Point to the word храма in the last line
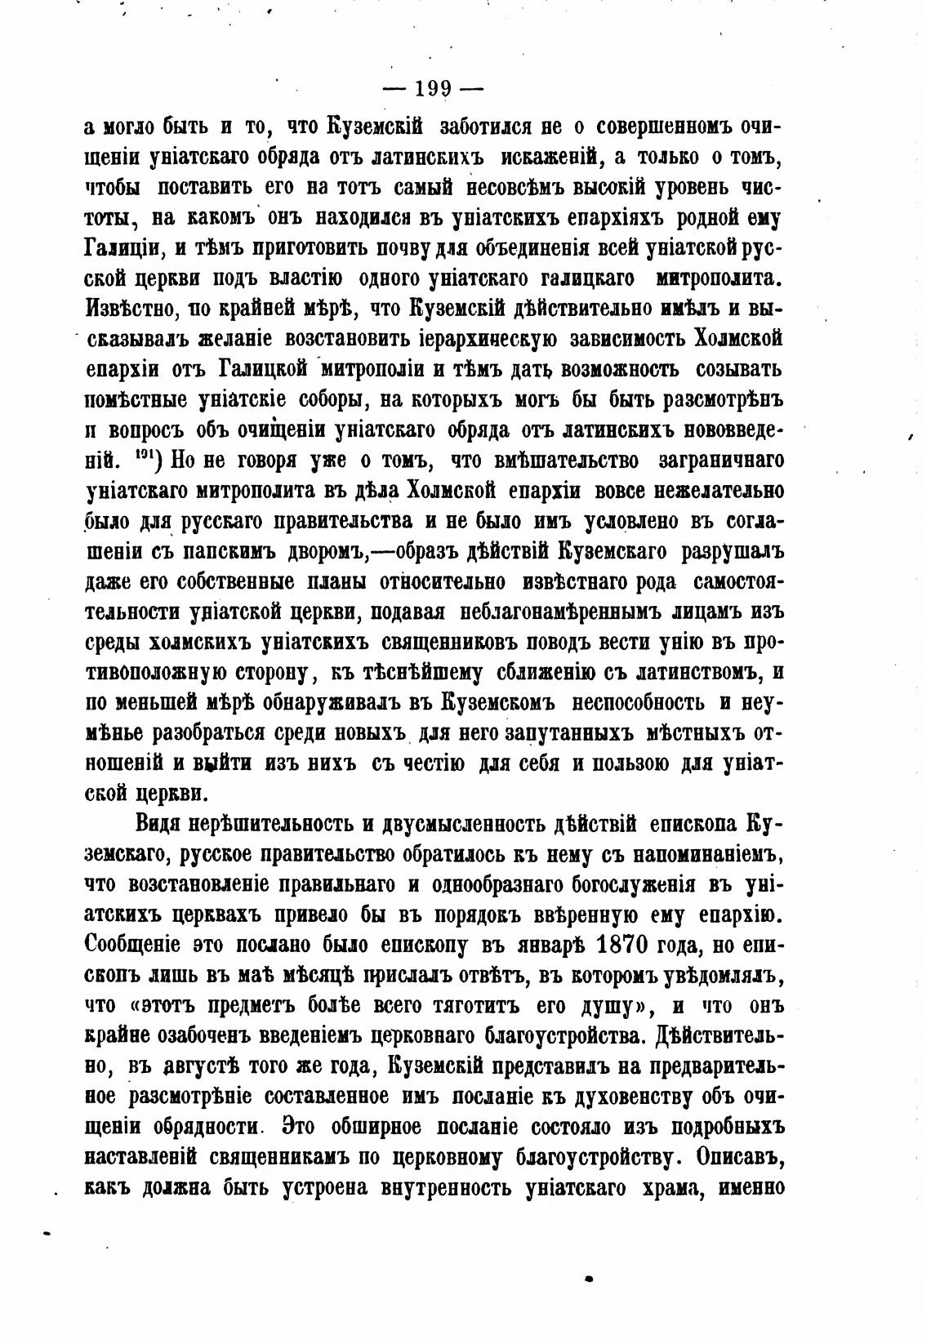(x=674, y=1187)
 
